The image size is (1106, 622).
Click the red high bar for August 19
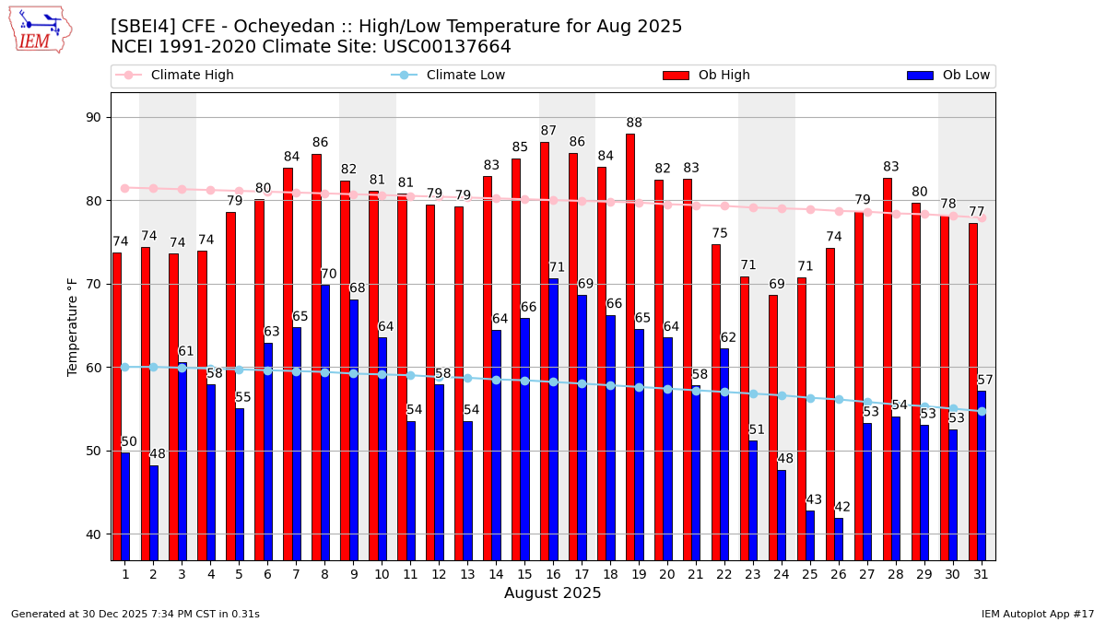point(630,346)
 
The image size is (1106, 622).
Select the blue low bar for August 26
point(839,538)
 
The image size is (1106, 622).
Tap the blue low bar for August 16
point(553,419)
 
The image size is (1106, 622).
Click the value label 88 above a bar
point(634,123)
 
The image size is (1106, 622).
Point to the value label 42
point(842,508)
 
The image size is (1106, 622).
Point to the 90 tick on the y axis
point(92,118)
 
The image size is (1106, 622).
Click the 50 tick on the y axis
point(92,451)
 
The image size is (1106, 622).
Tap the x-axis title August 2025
point(552,593)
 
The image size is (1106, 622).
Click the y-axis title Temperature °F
point(74,326)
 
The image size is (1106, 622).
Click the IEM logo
point(40,29)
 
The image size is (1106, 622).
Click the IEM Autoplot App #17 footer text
point(1038,614)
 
